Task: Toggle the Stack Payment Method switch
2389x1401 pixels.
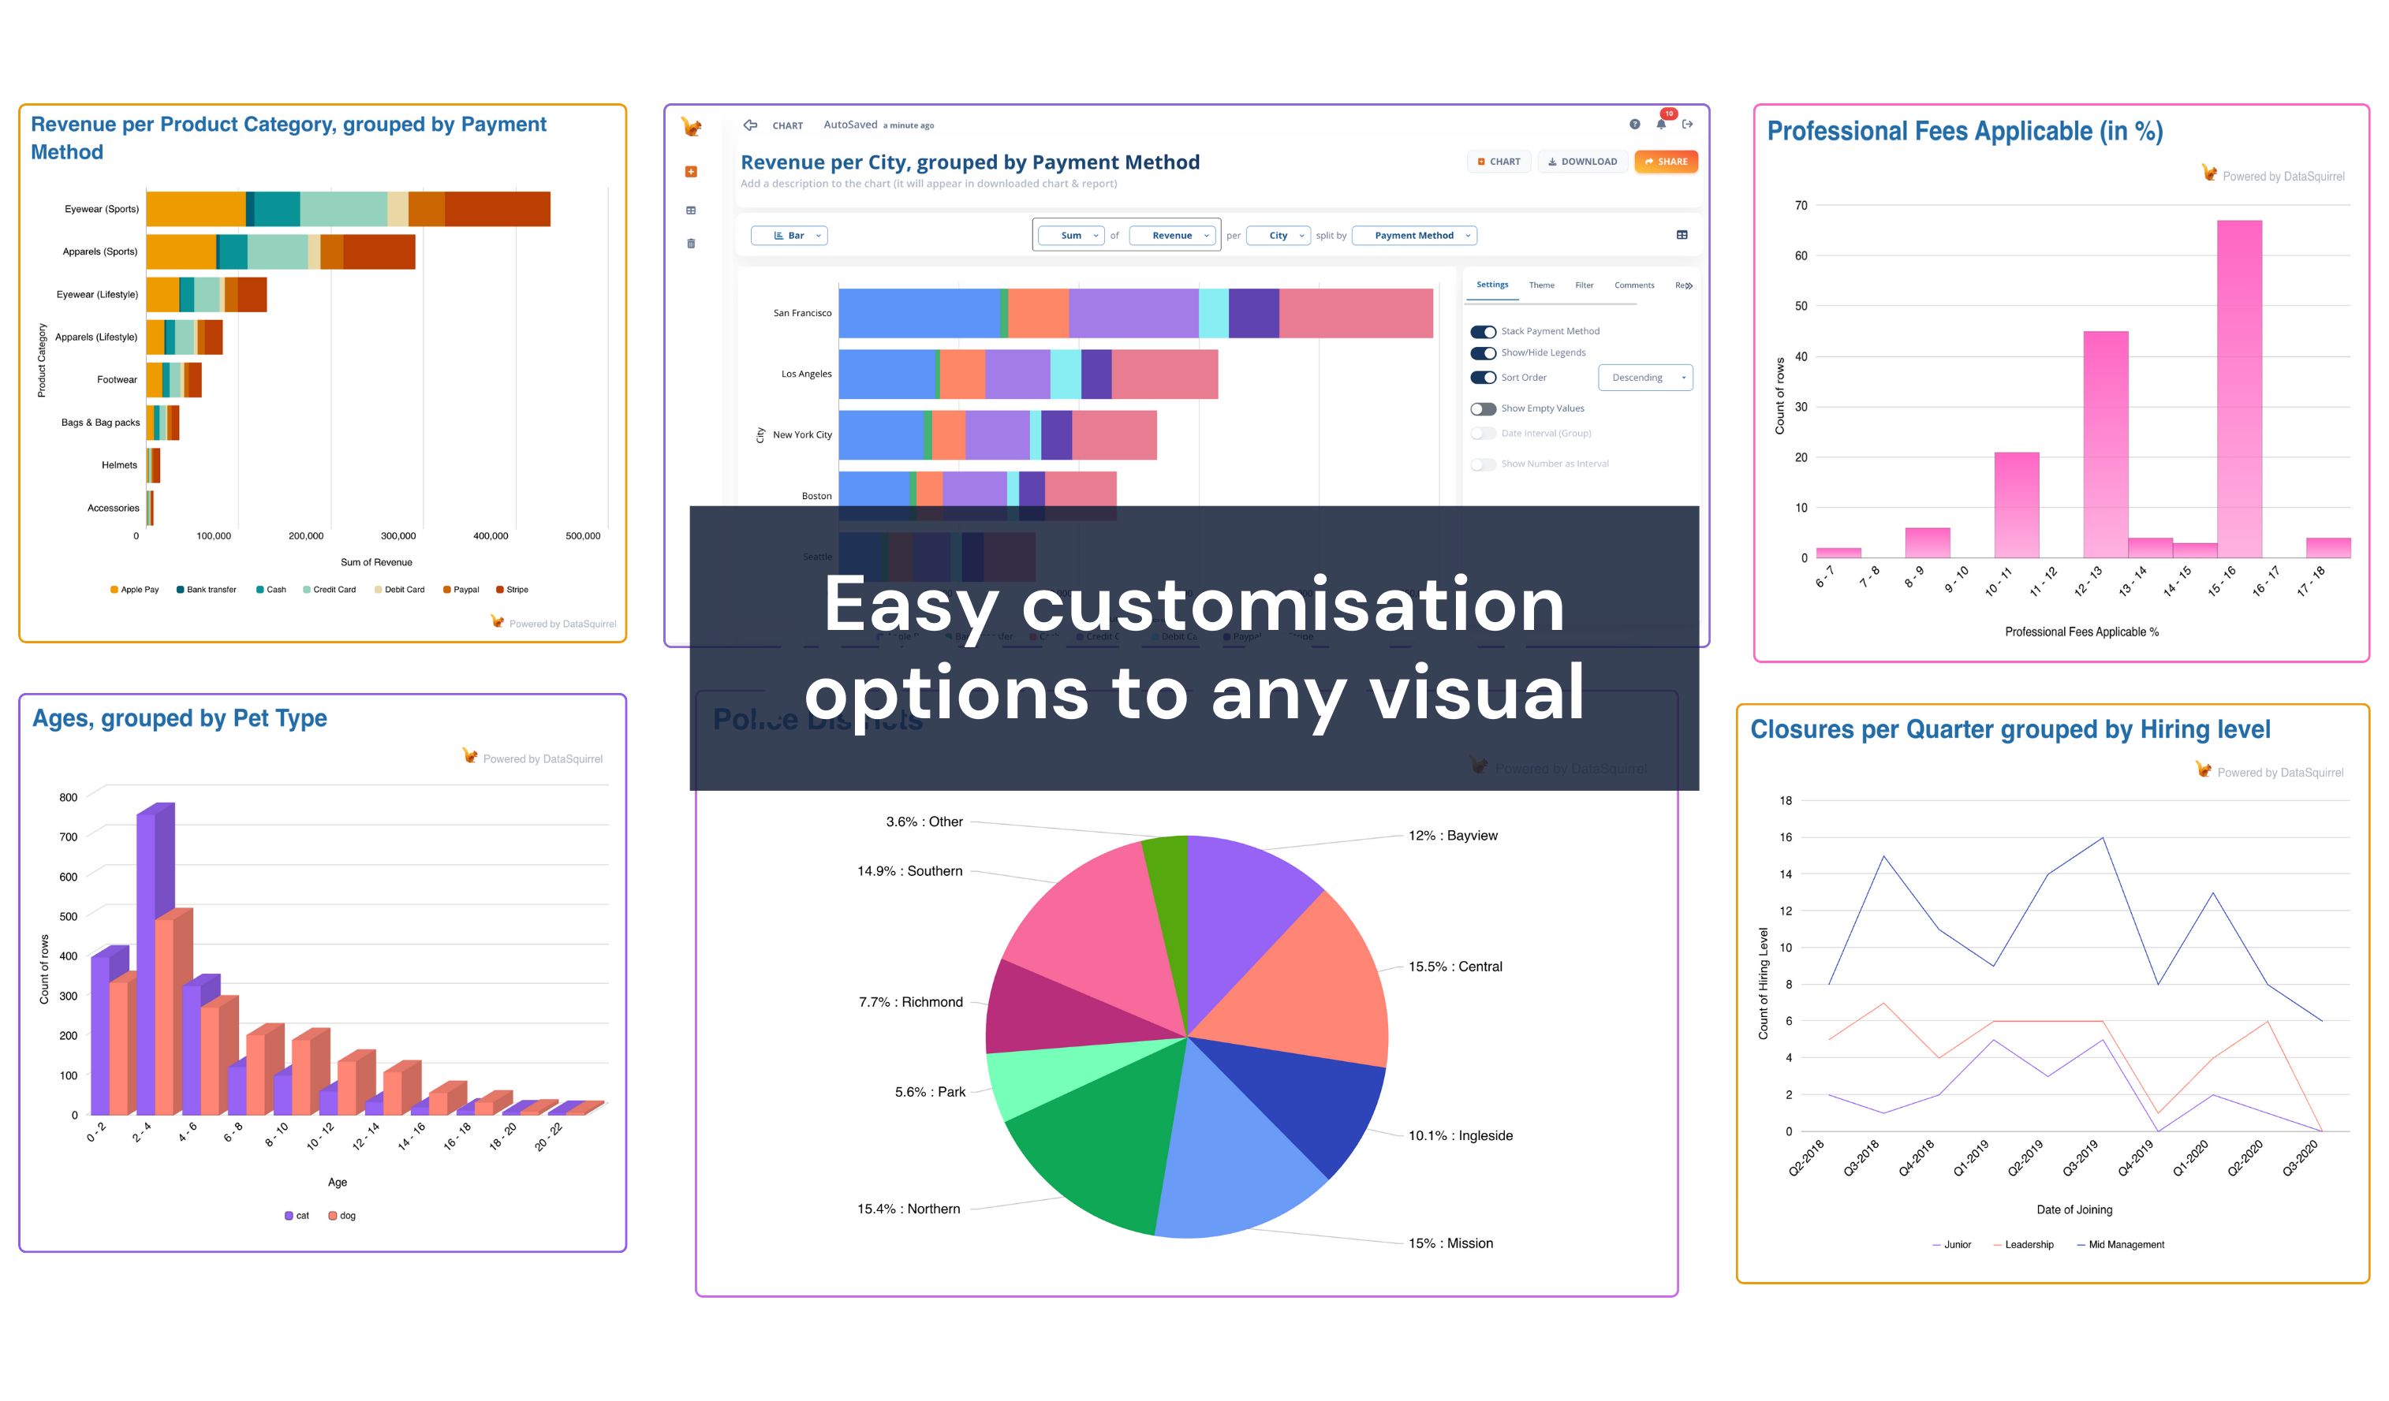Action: (1483, 332)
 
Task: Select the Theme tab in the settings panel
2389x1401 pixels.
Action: (1540, 285)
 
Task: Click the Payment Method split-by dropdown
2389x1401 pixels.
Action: (1413, 235)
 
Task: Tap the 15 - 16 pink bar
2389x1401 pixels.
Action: (2238, 389)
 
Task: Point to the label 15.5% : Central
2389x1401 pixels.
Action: (1454, 967)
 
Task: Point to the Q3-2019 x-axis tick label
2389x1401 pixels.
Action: (2082, 1157)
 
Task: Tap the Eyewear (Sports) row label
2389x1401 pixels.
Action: (102, 209)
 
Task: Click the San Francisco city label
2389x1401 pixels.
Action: (802, 313)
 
